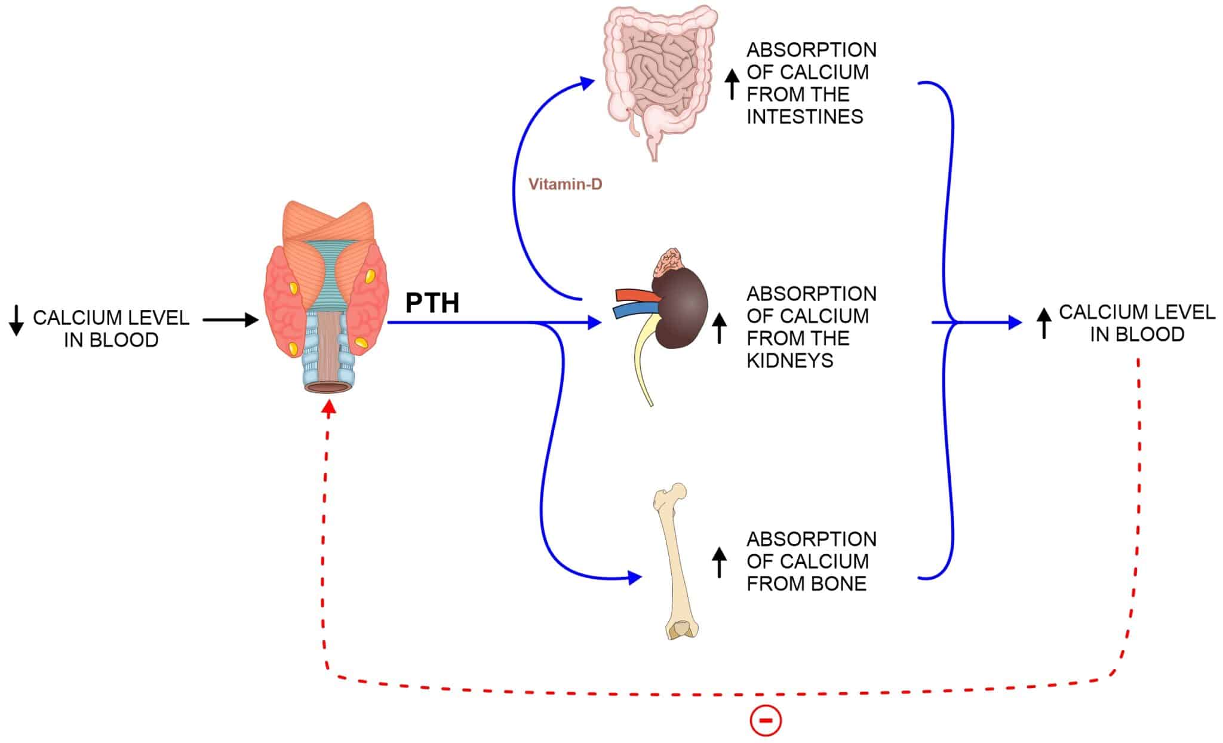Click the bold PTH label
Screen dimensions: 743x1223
(x=432, y=303)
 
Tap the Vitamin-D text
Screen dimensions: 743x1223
(x=565, y=185)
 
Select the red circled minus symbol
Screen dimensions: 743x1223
(x=765, y=721)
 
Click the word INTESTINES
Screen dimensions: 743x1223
(x=804, y=116)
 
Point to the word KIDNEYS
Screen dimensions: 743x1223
(x=789, y=361)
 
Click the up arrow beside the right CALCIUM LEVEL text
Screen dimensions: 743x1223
(x=1043, y=324)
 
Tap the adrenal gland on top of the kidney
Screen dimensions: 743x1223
(x=672, y=261)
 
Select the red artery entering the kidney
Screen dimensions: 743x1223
(x=633, y=294)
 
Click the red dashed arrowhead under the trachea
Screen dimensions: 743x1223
(x=328, y=406)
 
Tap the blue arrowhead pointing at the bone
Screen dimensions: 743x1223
(x=634, y=578)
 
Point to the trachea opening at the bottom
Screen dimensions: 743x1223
(x=328, y=388)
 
